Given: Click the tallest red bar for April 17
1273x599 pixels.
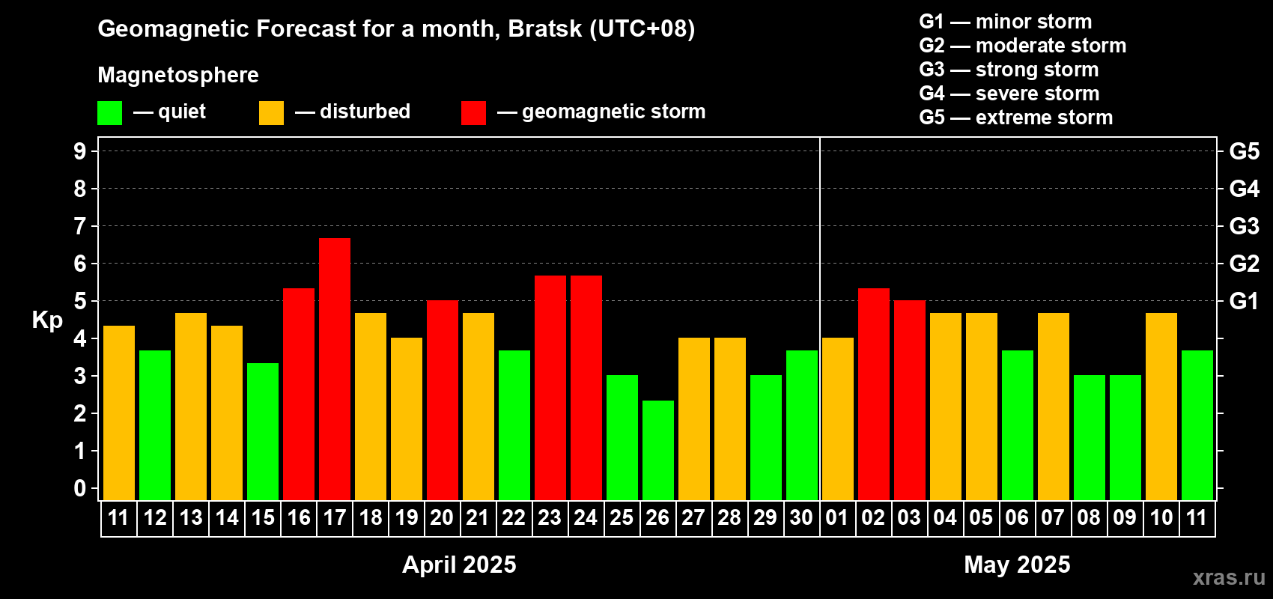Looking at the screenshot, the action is tap(335, 369).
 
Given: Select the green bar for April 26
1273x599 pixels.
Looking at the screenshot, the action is tap(658, 450).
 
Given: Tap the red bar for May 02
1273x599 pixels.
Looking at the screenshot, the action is tap(873, 394).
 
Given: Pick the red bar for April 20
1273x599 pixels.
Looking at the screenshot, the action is tap(443, 400).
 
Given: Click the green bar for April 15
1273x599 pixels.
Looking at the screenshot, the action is tap(263, 431).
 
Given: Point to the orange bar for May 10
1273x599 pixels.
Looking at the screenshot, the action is tap(1161, 407).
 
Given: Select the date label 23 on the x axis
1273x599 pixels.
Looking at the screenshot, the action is tap(550, 517).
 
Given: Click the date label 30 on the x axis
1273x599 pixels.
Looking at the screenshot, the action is tap(801, 517).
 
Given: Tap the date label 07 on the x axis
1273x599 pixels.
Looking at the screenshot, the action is tap(1053, 517).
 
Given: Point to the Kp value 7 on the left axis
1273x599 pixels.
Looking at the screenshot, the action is tap(79, 226).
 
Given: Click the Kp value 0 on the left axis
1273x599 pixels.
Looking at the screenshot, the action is tap(79, 488).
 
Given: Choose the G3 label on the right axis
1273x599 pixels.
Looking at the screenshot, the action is tap(1245, 226).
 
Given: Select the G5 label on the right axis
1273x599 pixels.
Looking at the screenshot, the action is tap(1245, 151).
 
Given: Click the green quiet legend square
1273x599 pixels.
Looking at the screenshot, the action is tap(109, 112).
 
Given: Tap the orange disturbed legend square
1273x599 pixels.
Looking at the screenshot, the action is tap(272, 112).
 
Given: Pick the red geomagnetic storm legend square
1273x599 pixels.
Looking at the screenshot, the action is tap(474, 112).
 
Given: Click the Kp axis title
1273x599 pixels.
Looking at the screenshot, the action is tap(47, 320).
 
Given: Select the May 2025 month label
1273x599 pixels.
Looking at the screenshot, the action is tap(1017, 565).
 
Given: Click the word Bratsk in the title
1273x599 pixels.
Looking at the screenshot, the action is tap(544, 28).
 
